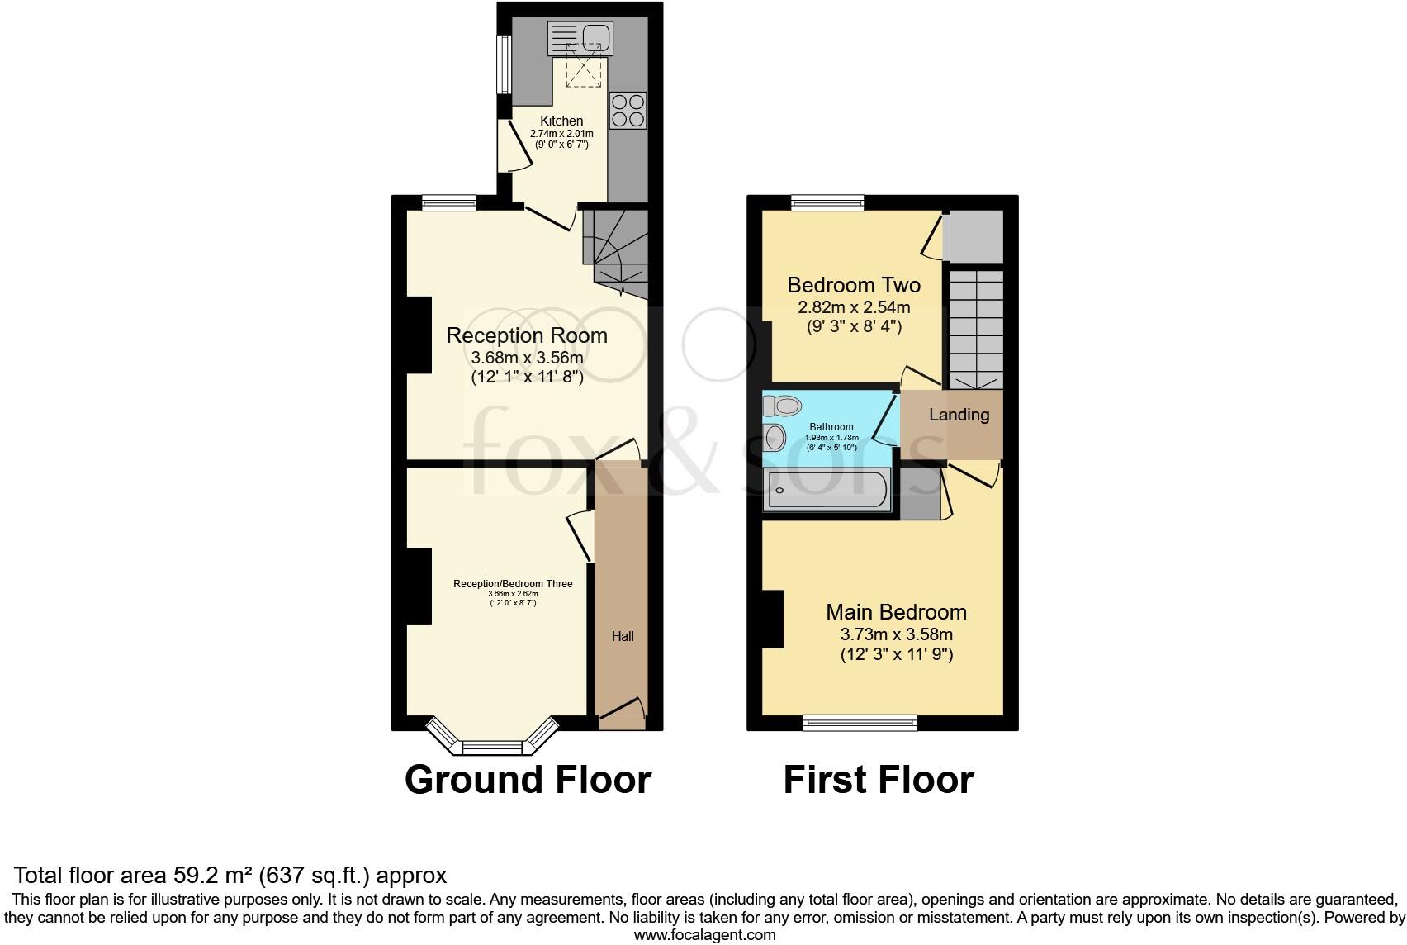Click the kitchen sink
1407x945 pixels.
coord(579,38)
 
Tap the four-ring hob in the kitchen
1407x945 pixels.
coord(628,111)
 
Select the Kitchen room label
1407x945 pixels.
coord(561,121)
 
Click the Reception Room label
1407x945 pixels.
coord(527,335)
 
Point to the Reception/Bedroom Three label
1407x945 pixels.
coord(513,584)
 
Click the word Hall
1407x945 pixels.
coord(623,636)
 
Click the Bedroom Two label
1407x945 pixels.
coord(854,285)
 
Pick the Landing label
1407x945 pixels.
coord(959,415)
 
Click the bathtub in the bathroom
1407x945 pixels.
coord(827,491)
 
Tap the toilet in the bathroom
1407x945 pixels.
coord(783,406)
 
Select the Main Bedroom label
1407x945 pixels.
coord(896,612)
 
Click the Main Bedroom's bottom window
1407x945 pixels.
coord(860,723)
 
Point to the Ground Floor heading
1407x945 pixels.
coord(528,779)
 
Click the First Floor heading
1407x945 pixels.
coord(879,779)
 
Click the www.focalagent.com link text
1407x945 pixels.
coord(704,935)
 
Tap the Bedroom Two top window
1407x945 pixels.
coord(827,202)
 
